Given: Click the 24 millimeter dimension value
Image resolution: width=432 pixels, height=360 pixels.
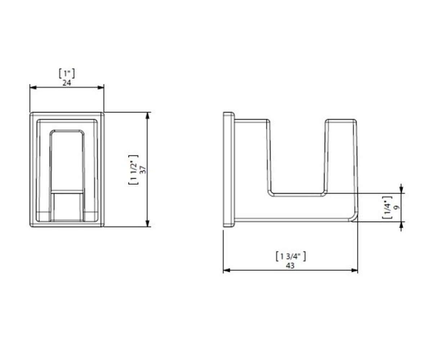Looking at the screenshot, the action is (x=67, y=83).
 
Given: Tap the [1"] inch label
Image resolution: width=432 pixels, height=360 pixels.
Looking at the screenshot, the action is (x=67, y=73).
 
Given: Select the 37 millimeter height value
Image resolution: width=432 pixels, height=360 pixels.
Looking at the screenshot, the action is (x=143, y=170).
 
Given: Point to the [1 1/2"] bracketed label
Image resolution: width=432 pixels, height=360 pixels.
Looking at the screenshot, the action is (x=134, y=170).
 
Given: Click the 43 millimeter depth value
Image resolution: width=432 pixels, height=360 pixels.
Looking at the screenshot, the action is (x=290, y=266).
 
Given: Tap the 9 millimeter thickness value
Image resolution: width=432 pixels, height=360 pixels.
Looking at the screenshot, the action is (x=397, y=207).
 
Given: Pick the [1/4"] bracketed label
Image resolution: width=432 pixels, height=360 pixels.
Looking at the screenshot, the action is (x=387, y=207).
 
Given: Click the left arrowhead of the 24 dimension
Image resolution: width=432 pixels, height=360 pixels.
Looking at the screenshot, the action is (x=33, y=87).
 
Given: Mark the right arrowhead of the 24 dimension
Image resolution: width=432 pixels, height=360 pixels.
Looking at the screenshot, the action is (x=101, y=87).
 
